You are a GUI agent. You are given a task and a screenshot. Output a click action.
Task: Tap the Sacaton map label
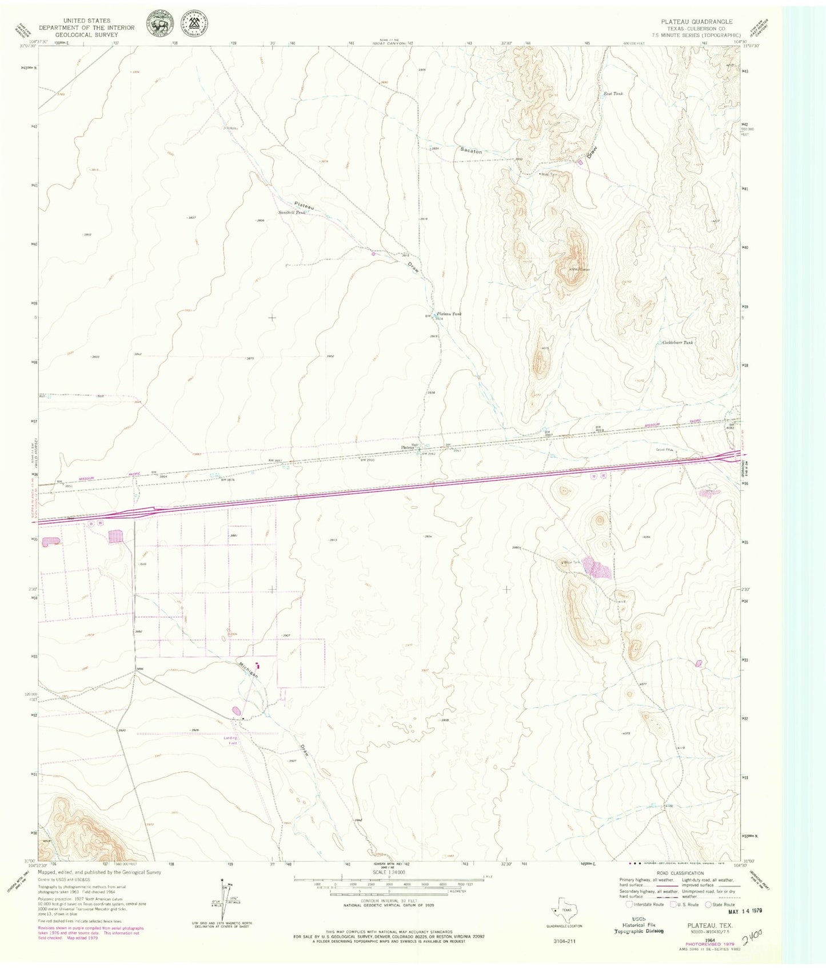pyautogui.click(x=472, y=151)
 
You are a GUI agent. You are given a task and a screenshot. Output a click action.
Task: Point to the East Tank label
pyautogui.click(x=613, y=93)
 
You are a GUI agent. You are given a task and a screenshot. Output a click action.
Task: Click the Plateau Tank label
pyautogui.click(x=449, y=314)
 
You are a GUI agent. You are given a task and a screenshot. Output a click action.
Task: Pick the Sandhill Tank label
pyautogui.click(x=291, y=212)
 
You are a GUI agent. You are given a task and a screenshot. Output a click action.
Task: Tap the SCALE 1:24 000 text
pyautogui.click(x=388, y=873)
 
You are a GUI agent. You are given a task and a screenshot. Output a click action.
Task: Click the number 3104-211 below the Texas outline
pyautogui.click(x=564, y=939)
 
